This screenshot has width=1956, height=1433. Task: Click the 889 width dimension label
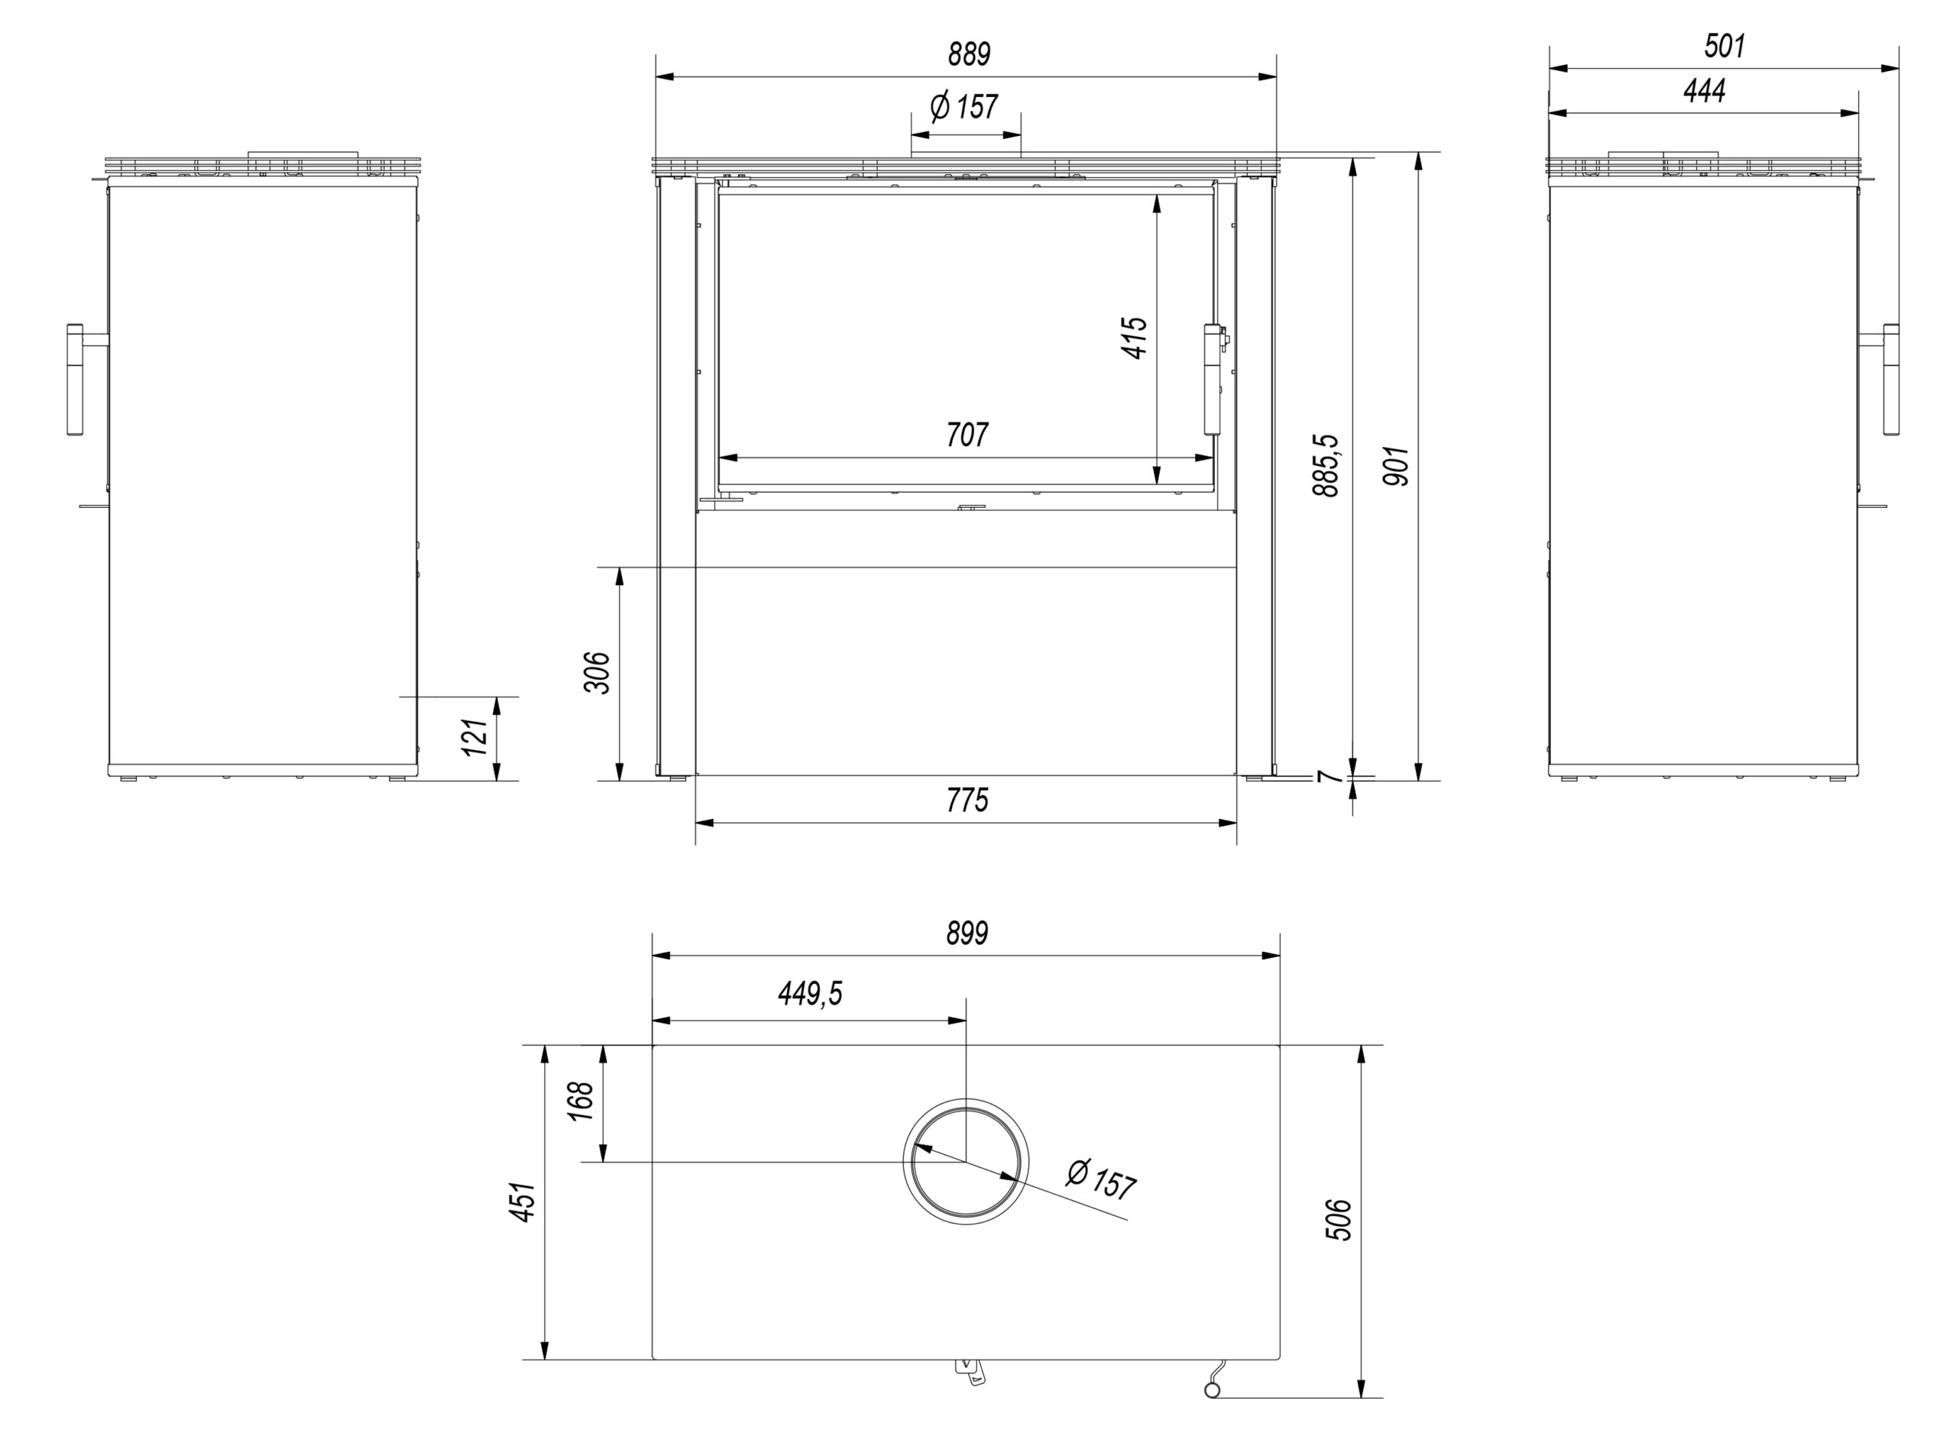[968, 53]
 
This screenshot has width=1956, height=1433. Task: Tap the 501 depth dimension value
[1724, 45]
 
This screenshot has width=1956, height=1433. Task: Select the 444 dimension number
[1705, 90]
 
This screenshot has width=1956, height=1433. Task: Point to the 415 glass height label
[1135, 338]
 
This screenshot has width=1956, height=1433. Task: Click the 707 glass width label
[967, 434]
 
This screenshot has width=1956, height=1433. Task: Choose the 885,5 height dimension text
[1326, 465]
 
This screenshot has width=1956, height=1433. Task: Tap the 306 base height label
[597, 672]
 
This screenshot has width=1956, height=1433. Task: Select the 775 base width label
[967, 800]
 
